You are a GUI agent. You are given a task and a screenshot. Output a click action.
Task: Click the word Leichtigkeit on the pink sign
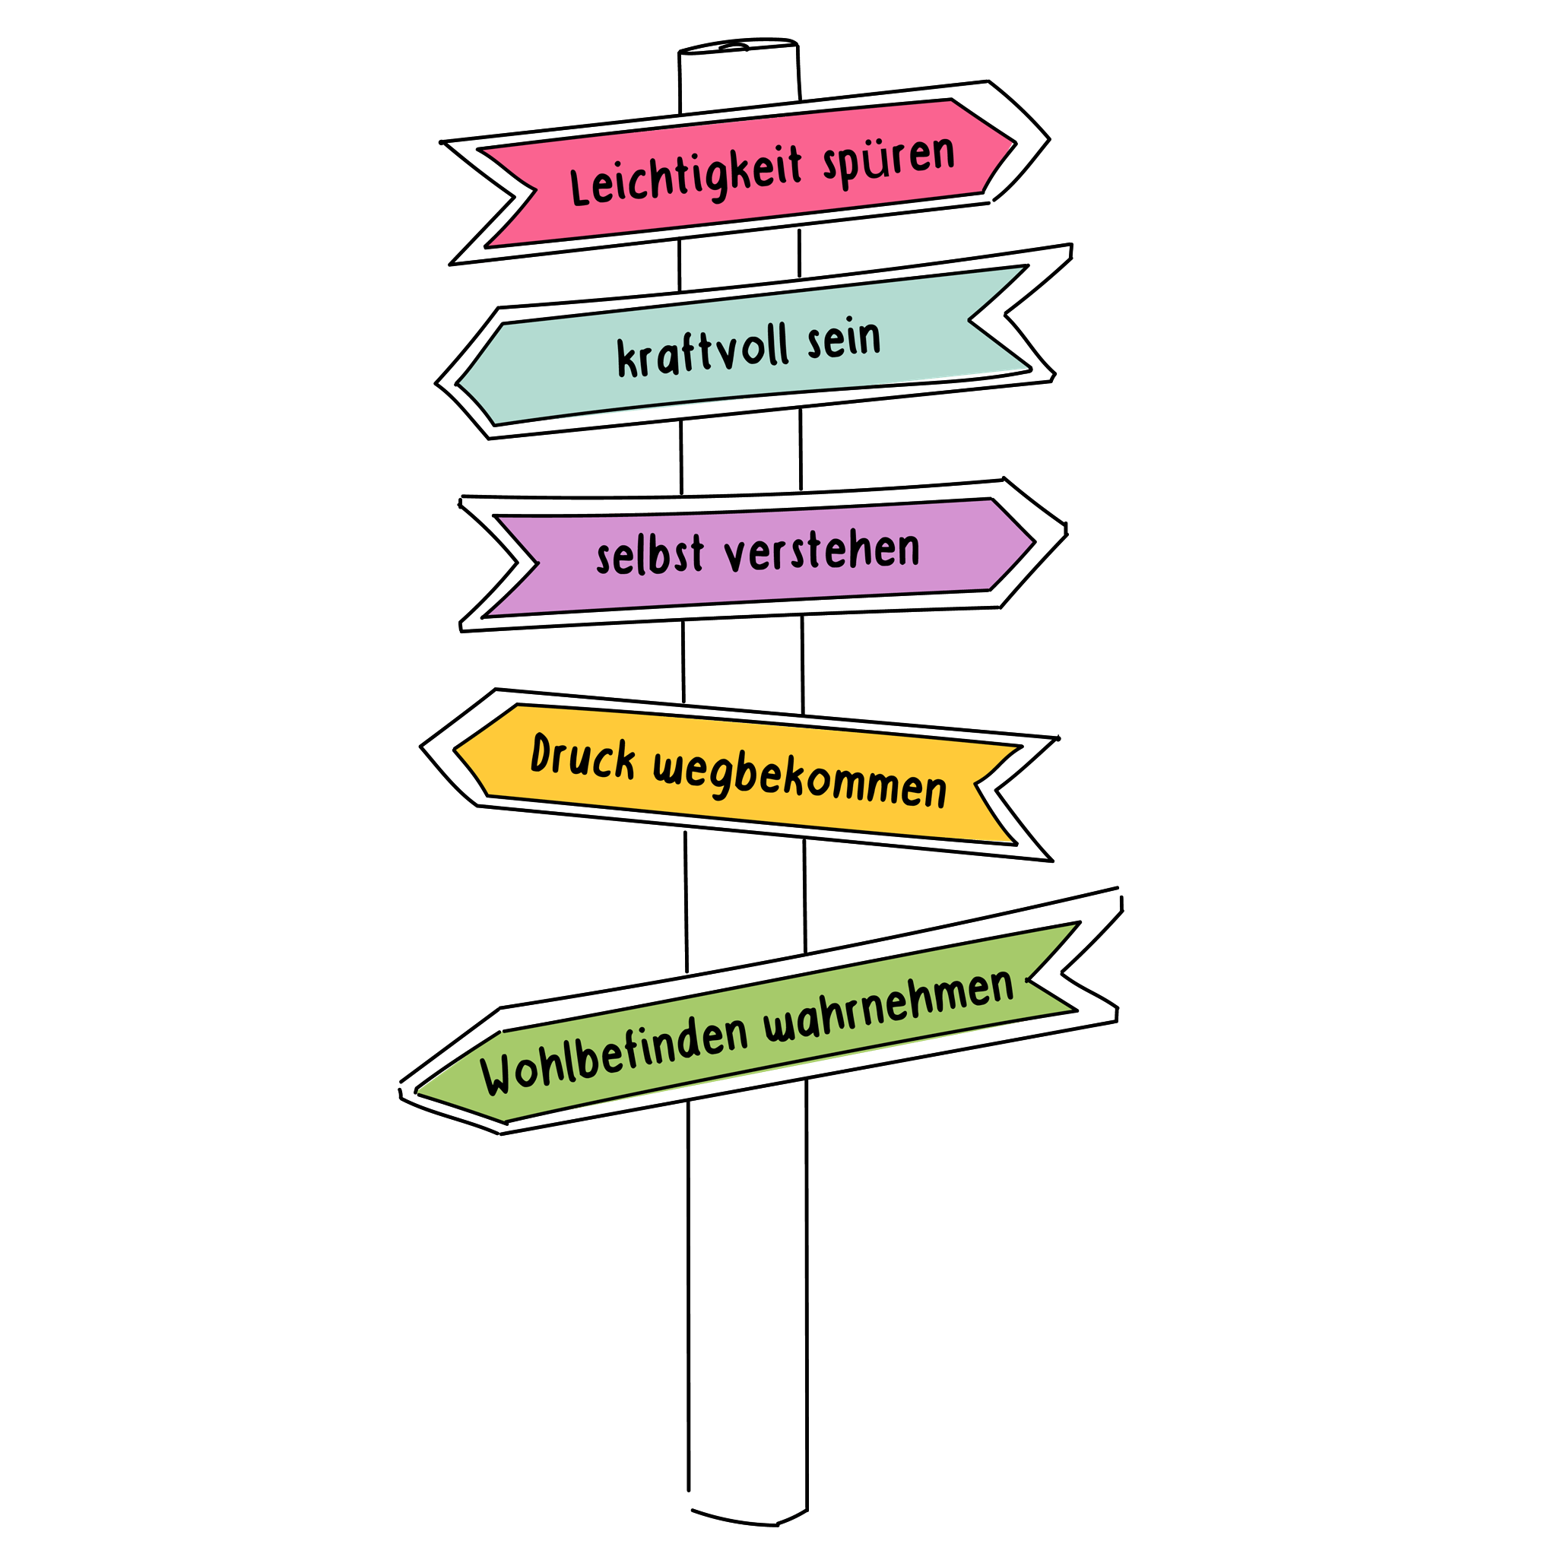[x=687, y=176]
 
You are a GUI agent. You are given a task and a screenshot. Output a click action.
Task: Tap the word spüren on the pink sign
[x=889, y=160]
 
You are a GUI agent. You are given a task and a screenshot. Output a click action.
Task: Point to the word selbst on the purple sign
[x=650, y=555]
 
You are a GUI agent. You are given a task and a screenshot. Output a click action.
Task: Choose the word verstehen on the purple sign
[x=822, y=551]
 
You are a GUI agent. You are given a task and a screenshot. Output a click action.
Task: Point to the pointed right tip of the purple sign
[x=1066, y=533]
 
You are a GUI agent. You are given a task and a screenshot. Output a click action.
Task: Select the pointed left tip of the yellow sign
[x=420, y=747]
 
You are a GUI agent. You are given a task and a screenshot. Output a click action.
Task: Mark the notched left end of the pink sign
[x=514, y=195]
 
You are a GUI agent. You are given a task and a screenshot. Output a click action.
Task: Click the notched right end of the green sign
[x=1062, y=975]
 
